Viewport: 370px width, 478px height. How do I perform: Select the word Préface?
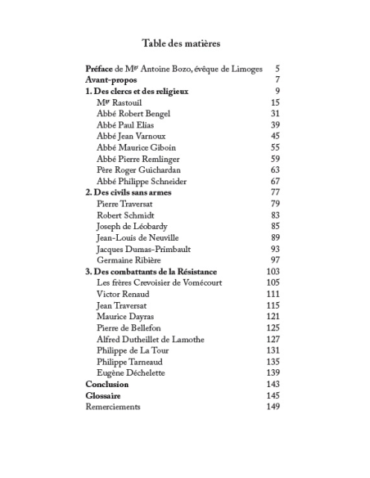99,69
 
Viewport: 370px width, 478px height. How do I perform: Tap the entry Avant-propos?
109,80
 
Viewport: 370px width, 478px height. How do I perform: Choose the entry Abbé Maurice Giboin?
135,147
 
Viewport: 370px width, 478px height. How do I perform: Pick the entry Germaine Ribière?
129,259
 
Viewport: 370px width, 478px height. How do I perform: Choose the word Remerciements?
113,407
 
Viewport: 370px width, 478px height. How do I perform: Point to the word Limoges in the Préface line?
246,69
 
